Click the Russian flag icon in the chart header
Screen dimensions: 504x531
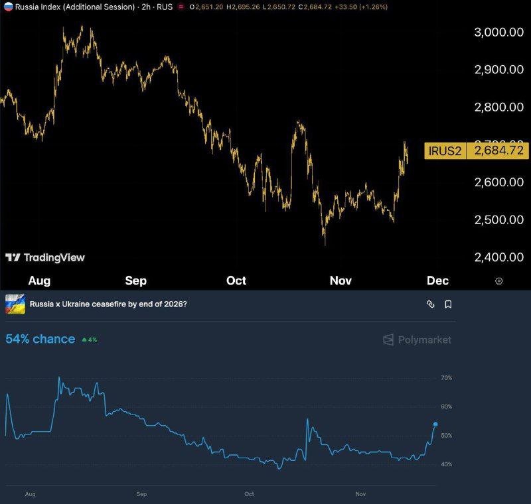coord(8,7)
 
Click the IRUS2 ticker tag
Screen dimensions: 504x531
coord(445,151)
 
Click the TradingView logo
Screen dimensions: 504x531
coord(45,257)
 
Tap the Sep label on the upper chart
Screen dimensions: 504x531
coord(135,281)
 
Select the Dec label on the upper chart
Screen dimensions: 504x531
coord(437,281)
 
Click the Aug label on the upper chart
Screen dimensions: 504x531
coord(39,281)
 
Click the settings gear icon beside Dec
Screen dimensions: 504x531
coord(499,281)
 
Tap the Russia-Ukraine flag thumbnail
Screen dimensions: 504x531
coord(15,304)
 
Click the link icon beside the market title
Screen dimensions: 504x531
coord(430,304)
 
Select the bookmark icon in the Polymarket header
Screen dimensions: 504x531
coord(448,304)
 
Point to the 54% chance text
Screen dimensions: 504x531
coord(40,339)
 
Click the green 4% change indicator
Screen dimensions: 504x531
coord(90,340)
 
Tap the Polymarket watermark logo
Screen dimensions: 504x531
coord(417,340)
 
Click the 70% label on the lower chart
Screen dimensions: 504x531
coord(446,378)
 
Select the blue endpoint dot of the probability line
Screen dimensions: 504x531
coord(435,424)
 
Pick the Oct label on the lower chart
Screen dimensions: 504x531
coord(250,495)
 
